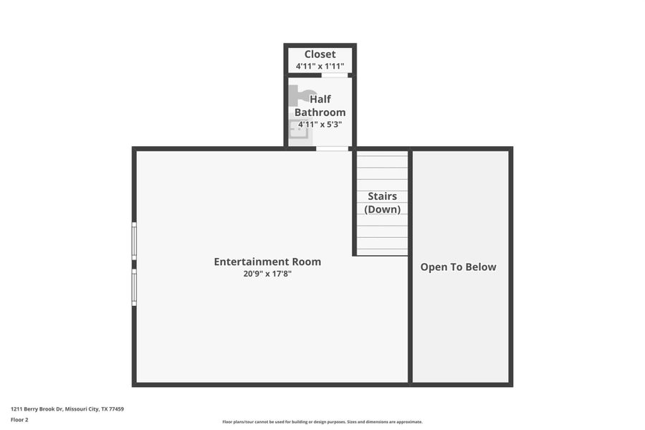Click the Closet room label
[x=320, y=54]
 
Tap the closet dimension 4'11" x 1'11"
[x=320, y=67]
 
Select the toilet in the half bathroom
[x=300, y=96]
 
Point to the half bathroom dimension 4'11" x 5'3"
[x=320, y=124]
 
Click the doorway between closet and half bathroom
[x=335, y=75]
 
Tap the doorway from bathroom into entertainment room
[x=333, y=148]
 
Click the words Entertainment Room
[x=267, y=262]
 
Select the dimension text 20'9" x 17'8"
[x=267, y=274]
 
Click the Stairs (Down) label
[x=382, y=203]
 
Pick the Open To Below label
[x=458, y=267]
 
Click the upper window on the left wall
[x=134, y=241]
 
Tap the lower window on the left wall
[x=134, y=287]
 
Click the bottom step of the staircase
[x=382, y=251]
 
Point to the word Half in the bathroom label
[x=320, y=100]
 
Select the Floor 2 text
[x=19, y=420]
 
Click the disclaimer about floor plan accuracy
[x=322, y=422]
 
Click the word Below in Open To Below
[x=480, y=267]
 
